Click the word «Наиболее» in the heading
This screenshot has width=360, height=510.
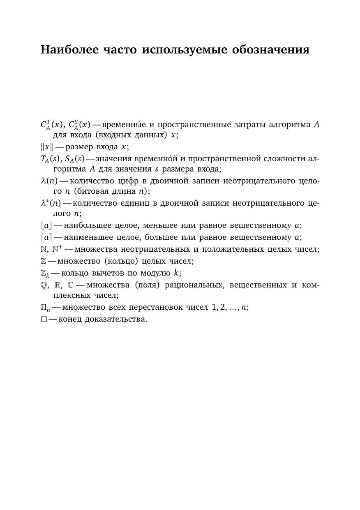pyautogui.click(x=70, y=50)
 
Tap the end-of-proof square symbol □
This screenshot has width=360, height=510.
pyautogui.click(x=44, y=319)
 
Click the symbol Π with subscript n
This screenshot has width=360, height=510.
pyautogui.click(x=45, y=308)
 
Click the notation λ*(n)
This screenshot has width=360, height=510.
pyautogui.click(x=51, y=203)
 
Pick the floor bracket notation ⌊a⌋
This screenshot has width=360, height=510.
pyautogui.click(x=46, y=225)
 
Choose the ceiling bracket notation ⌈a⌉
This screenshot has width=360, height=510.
pyautogui.click(x=46, y=237)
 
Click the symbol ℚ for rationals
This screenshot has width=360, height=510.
pyautogui.click(x=44, y=285)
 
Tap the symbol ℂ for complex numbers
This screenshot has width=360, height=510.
pyautogui.click(x=71, y=285)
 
